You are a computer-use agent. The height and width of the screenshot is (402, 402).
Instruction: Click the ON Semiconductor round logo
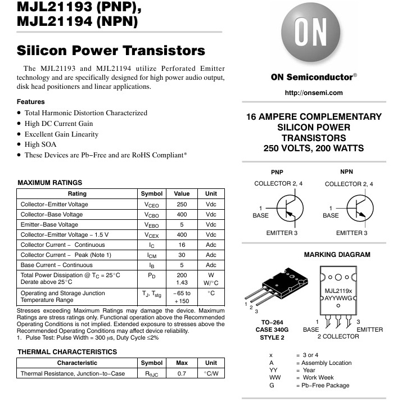[310, 35]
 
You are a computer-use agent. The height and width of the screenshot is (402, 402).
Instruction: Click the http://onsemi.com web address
[314, 93]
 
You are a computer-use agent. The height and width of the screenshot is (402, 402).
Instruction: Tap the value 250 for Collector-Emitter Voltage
[182, 205]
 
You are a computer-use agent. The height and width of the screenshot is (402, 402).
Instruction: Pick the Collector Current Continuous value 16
[182, 245]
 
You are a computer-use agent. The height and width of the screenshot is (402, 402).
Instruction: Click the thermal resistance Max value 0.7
[182, 373]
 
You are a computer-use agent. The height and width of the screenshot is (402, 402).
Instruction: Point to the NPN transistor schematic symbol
[358, 208]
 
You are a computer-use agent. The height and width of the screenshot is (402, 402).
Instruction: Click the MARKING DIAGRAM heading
[337, 255]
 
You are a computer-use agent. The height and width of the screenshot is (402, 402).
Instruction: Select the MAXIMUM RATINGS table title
[50, 183]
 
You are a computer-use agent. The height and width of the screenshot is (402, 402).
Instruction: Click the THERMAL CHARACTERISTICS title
[67, 352]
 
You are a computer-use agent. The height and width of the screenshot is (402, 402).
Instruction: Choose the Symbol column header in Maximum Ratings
[151, 194]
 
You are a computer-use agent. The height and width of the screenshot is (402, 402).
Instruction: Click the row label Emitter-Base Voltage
[49, 225]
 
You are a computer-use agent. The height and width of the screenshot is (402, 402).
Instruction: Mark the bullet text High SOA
[40, 144]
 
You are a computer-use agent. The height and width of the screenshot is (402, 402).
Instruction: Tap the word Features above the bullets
[31, 102]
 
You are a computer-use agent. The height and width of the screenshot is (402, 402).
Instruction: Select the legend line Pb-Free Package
[326, 385]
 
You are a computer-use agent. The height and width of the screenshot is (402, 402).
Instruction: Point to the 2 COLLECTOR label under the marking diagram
[338, 337]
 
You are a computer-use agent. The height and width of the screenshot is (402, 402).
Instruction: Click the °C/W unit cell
[211, 373]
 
